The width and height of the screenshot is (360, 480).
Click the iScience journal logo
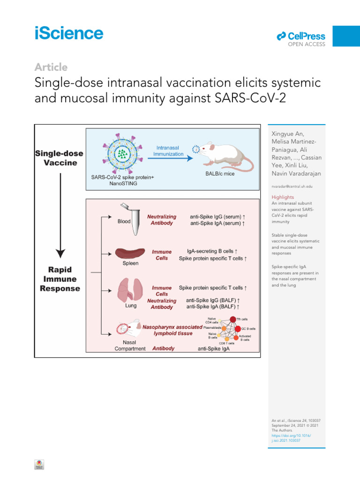(x=68, y=33)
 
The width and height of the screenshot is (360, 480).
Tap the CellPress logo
(x=301, y=36)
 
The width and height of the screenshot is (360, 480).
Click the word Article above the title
(x=51, y=67)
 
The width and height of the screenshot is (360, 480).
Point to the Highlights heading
(x=283, y=197)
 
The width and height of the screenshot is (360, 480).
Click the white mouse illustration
(x=225, y=156)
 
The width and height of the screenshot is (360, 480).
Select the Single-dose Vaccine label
(x=60, y=157)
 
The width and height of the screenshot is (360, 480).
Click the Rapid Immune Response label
(x=60, y=279)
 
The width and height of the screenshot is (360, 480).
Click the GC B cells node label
(x=248, y=328)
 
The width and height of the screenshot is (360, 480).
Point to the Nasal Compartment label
(x=131, y=345)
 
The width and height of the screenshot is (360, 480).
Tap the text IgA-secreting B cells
(x=215, y=251)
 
